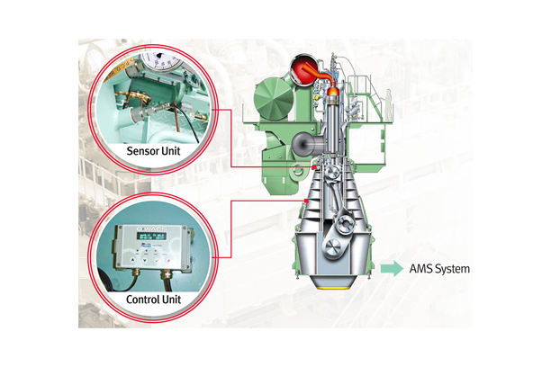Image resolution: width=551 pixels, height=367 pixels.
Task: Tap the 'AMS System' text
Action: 440,268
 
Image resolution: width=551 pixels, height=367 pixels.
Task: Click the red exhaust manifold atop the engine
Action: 304,69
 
